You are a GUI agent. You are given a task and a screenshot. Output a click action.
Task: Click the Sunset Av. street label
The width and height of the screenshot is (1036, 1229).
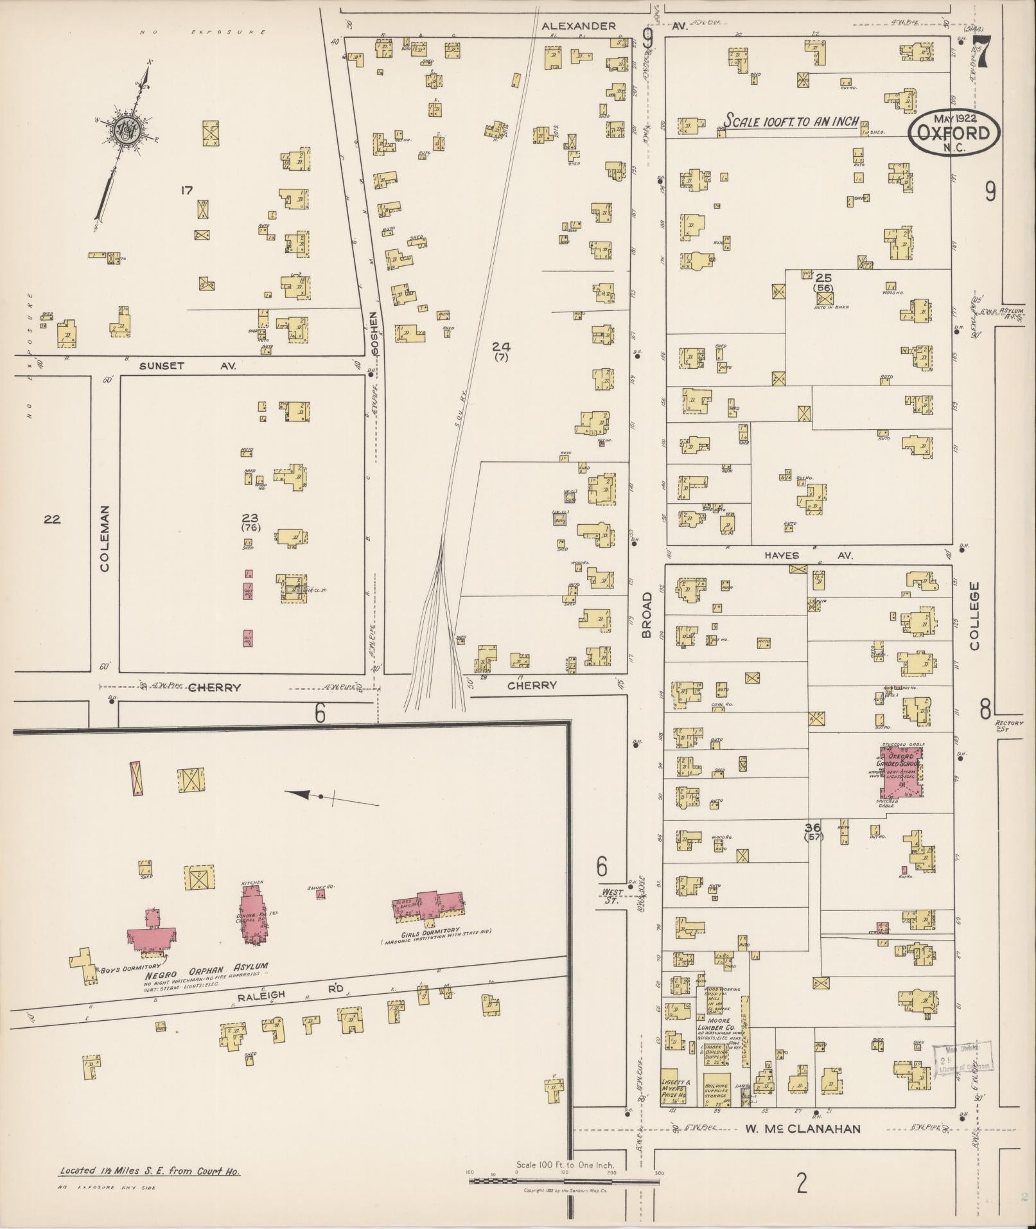[188, 366]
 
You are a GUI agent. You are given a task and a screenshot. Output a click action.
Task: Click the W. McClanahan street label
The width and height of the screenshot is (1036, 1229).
[803, 1129]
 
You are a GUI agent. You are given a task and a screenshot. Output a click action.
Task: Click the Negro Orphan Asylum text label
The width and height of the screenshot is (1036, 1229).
[206, 966]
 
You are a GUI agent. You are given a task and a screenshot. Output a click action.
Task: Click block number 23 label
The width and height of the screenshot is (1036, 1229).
[250, 517]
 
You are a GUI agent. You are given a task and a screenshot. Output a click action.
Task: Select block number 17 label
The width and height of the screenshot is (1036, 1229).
[187, 190]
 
